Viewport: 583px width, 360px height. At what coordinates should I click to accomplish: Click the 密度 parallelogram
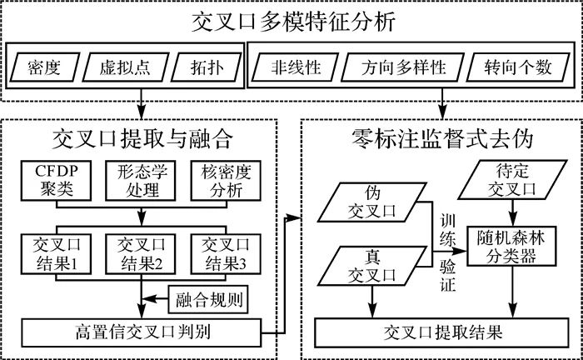[45, 67]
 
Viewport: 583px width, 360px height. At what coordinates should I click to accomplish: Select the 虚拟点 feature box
[125, 67]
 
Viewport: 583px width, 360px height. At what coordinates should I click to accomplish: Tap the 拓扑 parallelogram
[207, 67]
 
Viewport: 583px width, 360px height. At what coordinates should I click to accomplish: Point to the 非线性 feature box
[295, 67]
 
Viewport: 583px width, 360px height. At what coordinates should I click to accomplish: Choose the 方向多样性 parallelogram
[402, 67]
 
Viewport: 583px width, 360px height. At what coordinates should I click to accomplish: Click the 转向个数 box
[518, 67]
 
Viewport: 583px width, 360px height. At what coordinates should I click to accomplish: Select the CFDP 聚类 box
[56, 181]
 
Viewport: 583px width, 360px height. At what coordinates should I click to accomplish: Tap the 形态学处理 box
[141, 181]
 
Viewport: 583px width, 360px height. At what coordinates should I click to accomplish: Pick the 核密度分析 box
[226, 181]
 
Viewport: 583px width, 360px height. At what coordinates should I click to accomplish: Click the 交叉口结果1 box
[56, 254]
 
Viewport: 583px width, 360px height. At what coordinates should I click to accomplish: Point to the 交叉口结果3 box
[226, 254]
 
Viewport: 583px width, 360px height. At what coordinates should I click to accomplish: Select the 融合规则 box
[208, 299]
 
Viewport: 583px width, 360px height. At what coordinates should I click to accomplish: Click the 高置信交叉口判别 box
[142, 332]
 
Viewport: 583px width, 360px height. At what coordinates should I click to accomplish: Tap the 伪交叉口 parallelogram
[371, 202]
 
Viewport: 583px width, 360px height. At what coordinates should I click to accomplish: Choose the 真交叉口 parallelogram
[371, 266]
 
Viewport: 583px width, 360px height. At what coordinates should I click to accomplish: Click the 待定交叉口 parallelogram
[513, 180]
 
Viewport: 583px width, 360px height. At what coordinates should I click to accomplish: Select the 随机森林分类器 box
[511, 246]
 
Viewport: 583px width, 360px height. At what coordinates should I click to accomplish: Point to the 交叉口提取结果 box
[442, 332]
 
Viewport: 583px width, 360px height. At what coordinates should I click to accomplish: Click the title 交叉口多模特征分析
[293, 22]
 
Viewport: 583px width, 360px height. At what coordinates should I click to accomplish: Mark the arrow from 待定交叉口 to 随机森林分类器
[513, 213]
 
